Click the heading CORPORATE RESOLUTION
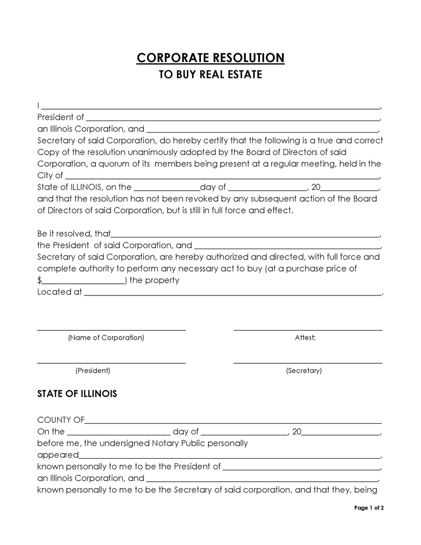pyautogui.click(x=210, y=57)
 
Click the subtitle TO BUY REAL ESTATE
pyautogui.click(x=210, y=75)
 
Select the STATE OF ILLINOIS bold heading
pyautogui.click(x=77, y=394)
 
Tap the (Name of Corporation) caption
pyautogui.click(x=106, y=338)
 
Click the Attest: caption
pyautogui.click(x=305, y=338)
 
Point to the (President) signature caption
pyautogui.click(x=93, y=371)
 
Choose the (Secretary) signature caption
pyautogui.click(x=304, y=371)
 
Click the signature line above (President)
pyautogui.click(x=111, y=363)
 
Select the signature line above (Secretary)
pyautogui.click(x=307, y=363)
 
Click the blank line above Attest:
pyautogui.click(x=307, y=330)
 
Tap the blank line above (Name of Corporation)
pyautogui.click(x=111, y=330)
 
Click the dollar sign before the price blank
pyautogui.click(x=39, y=281)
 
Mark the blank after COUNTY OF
pyautogui.click(x=233, y=422)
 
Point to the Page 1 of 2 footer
pyautogui.click(x=369, y=508)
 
